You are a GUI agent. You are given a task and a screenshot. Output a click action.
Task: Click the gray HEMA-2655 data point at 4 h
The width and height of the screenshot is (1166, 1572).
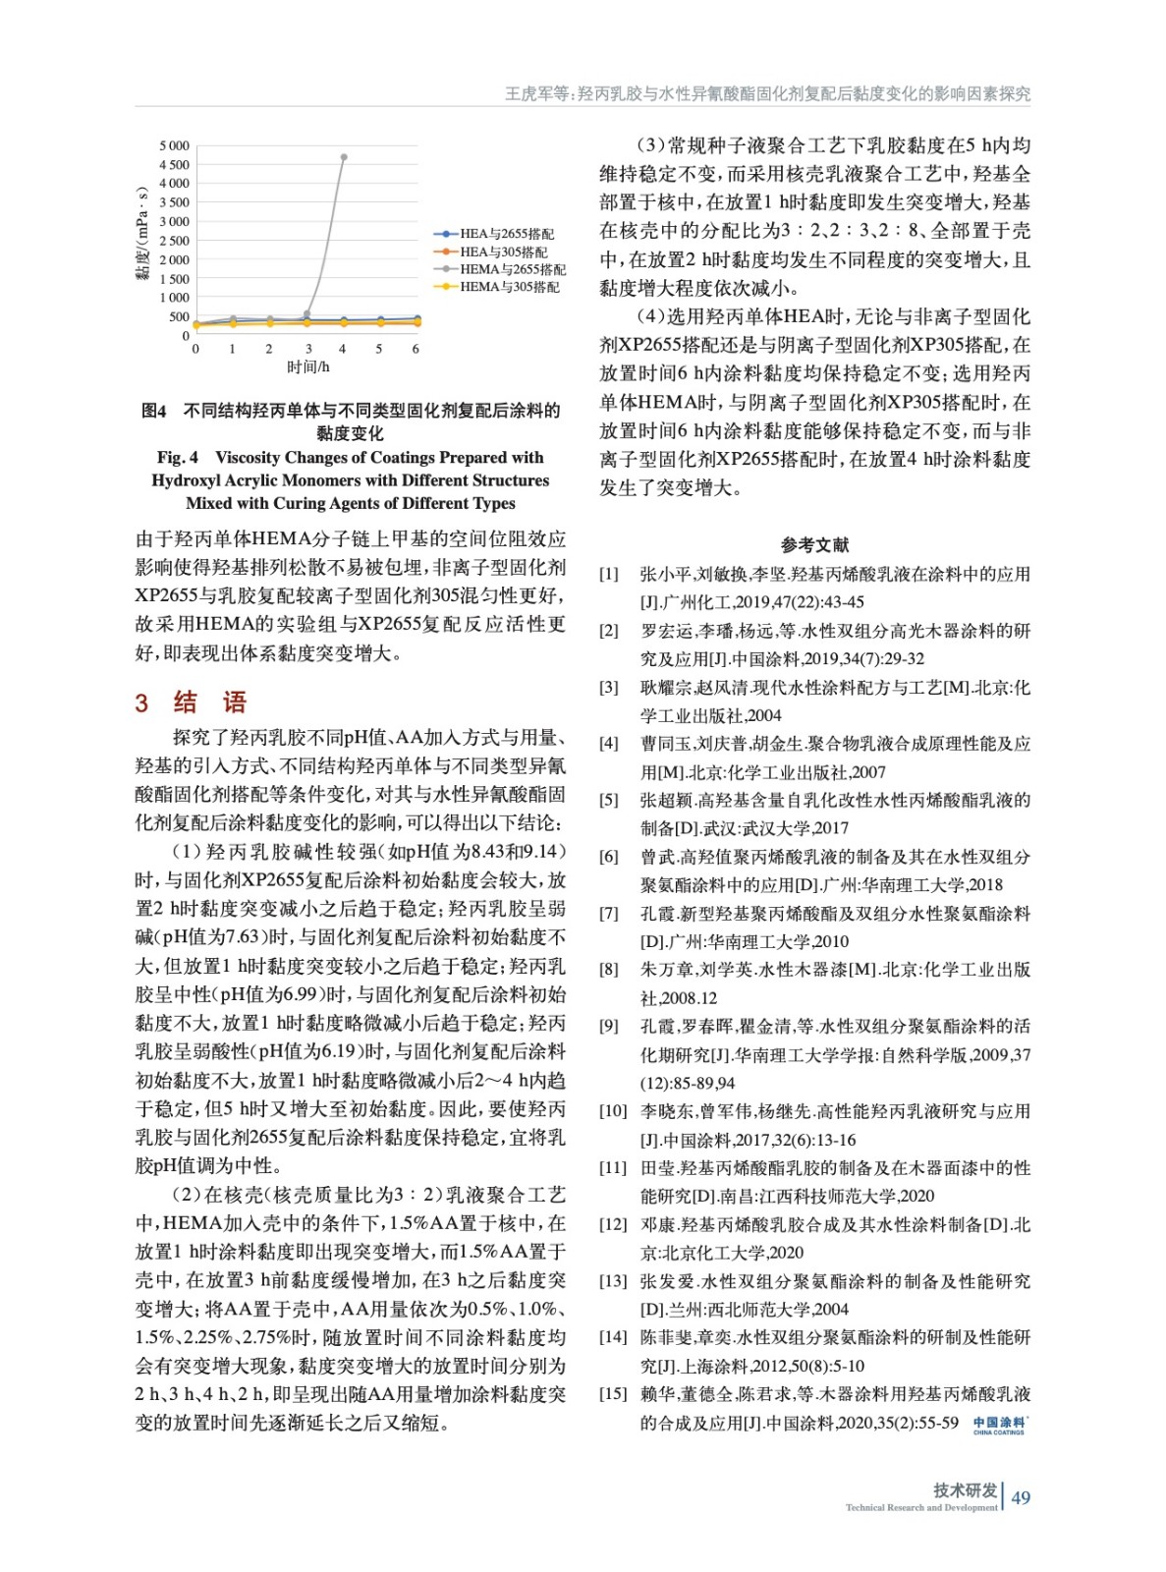point(343,157)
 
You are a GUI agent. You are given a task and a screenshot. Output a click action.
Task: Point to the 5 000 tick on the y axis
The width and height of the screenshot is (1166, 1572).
point(174,145)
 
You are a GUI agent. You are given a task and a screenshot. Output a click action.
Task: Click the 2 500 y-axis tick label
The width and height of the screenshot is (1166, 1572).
point(174,241)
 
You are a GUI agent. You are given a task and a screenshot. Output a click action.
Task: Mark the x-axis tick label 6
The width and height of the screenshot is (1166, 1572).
point(416,349)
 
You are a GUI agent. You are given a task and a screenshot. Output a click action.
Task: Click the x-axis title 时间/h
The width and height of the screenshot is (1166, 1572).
point(307,367)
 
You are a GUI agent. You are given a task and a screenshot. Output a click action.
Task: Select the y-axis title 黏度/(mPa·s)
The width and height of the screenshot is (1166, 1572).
point(142,233)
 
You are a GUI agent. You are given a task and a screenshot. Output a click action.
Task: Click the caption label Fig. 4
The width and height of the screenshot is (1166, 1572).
point(177,458)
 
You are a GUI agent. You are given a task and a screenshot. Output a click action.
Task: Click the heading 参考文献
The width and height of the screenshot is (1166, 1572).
point(814,545)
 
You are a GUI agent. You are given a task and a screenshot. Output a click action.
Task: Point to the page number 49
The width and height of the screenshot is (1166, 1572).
point(1021,1497)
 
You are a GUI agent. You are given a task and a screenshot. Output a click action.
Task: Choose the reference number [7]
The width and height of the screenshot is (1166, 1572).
point(609,914)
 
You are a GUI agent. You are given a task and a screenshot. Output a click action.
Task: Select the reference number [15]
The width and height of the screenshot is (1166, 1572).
point(613,1394)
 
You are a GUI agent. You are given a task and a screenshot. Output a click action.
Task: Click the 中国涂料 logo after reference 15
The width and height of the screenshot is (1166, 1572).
point(999,1425)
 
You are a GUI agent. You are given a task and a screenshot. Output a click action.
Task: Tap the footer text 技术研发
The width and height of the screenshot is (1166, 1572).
point(965,1489)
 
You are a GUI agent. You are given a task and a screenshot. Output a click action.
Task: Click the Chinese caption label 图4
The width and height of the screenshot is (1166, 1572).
point(154,411)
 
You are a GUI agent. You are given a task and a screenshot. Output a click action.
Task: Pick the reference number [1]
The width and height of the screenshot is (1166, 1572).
point(609,575)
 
